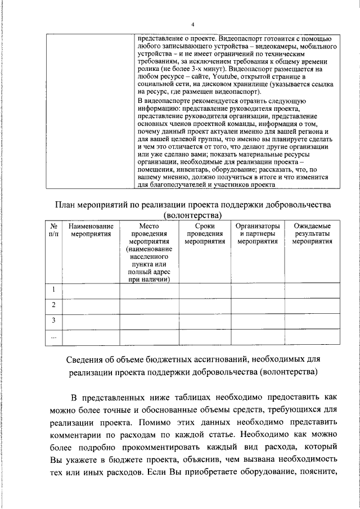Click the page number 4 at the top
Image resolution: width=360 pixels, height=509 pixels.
(x=192, y=24)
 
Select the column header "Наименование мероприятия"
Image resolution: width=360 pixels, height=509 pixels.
(x=91, y=230)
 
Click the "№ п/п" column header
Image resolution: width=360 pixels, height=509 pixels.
(x=53, y=230)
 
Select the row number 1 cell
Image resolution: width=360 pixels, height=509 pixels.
(x=53, y=290)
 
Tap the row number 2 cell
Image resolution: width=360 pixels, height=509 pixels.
(x=53, y=305)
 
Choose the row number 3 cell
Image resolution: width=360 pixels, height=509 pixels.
(x=53, y=321)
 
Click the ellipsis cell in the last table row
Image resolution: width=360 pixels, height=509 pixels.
(x=53, y=336)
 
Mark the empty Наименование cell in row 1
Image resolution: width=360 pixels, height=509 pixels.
(x=91, y=290)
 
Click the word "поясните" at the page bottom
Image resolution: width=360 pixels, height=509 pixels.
(x=318, y=471)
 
